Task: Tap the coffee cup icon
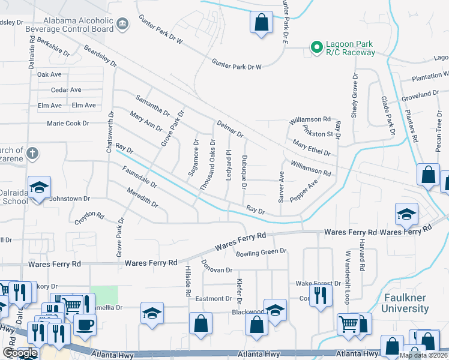84,324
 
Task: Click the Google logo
20,353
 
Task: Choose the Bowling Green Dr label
261,252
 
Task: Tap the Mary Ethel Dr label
311,148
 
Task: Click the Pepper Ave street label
304,191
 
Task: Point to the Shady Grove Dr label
355,96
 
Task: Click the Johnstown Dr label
69,198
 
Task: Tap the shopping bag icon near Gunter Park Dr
261,23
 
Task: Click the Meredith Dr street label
142,198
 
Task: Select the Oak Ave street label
49,74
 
